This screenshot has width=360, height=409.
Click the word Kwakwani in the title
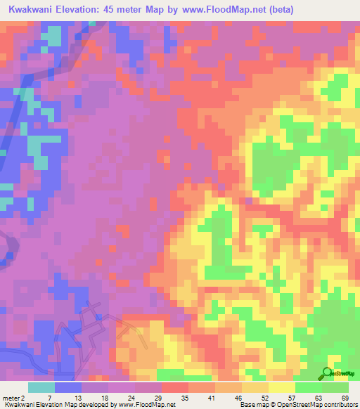point(33,9)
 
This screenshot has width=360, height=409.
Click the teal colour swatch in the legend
point(41,387)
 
